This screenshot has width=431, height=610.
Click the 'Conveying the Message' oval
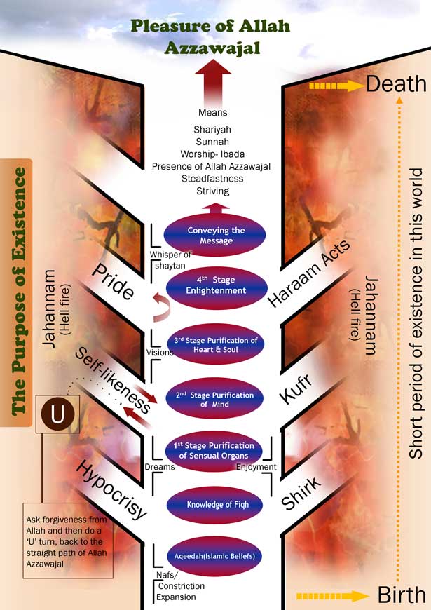coord(215,236)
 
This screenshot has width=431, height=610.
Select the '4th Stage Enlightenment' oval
coord(215,285)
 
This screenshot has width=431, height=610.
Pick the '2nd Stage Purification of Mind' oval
coord(215,400)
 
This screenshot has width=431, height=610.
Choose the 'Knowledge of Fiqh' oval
coord(215,504)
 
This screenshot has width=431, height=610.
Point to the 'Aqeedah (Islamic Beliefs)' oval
coord(215,556)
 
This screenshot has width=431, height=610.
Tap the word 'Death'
coord(396,85)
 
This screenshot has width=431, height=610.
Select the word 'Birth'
coord(402,596)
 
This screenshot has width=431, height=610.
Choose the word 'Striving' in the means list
coord(212,191)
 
